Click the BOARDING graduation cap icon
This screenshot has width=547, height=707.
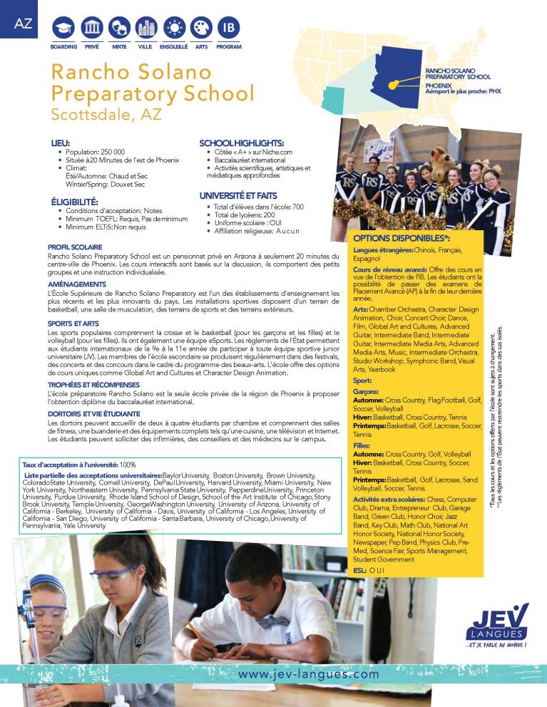pyautogui.click(x=63, y=29)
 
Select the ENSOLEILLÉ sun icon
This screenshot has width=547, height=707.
pyautogui.click(x=173, y=29)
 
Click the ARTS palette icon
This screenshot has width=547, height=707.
pyautogui.click(x=201, y=29)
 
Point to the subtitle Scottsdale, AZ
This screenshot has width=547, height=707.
pyautogui.click(x=107, y=113)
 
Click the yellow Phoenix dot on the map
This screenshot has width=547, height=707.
pyautogui.click(x=392, y=86)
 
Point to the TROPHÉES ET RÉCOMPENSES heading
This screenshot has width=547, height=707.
pyautogui.click(x=95, y=385)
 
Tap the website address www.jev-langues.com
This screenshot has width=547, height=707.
pyautogui.click(x=309, y=673)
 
